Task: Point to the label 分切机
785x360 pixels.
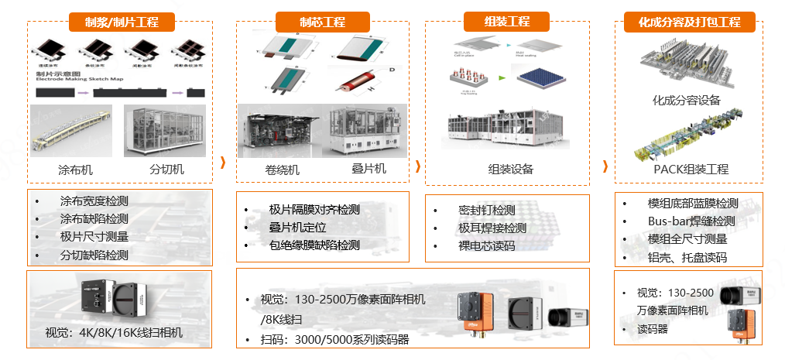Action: [166, 170]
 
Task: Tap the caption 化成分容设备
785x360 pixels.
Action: [686, 101]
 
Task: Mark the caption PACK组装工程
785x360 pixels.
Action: [691, 169]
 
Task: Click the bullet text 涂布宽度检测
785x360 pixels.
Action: [94, 201]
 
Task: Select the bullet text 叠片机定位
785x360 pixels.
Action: [298, 228]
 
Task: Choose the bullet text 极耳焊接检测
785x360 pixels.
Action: [492, 228]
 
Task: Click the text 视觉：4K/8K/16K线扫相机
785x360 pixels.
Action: [114, 334]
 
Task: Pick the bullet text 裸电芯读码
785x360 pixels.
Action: [486, 246]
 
